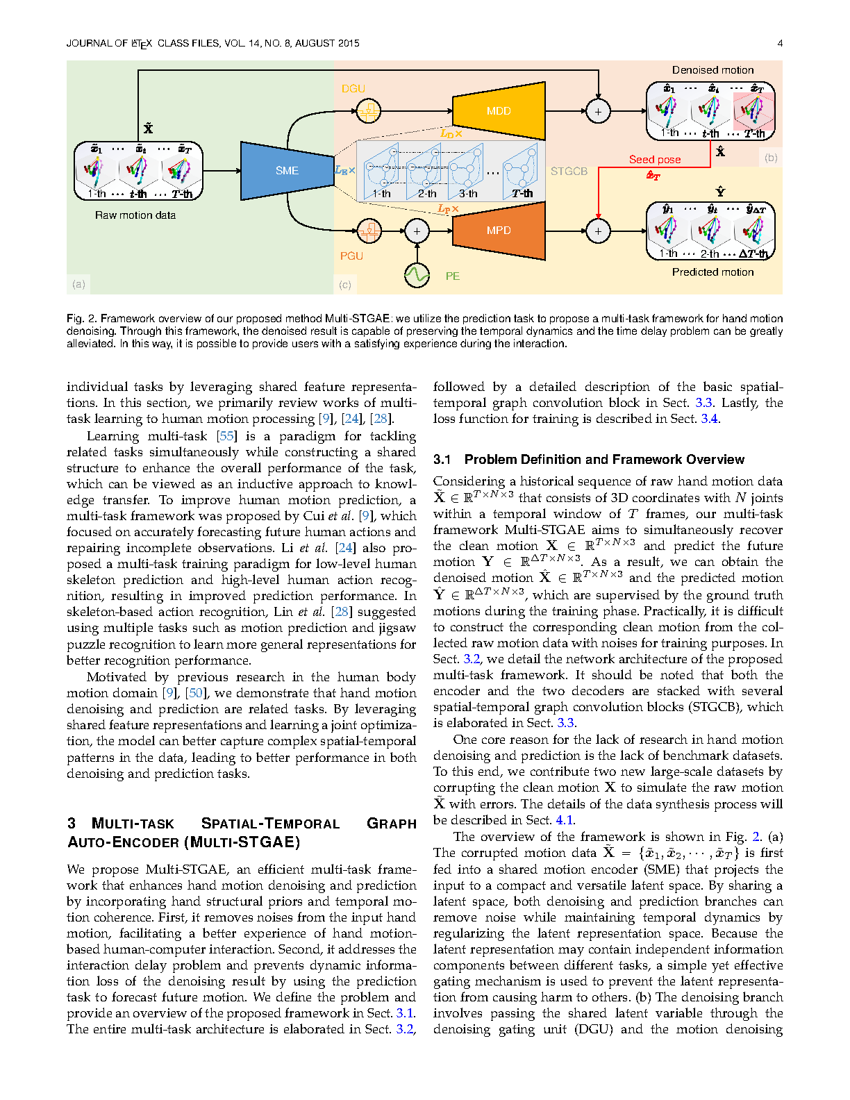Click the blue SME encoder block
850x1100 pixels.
pyautogui.click(x=287, y=170)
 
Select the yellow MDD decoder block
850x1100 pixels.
pyautogui.click(x=499, y=111)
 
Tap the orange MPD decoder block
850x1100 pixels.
pyautogui.click(x=499, y=231)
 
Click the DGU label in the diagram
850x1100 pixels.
pyautogui.click(x=353, y=89)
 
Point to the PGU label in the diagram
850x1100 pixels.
pyautogui.click(x=351, y=256)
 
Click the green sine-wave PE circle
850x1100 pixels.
pyautogui.click(x=417, y=276)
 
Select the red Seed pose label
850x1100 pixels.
pyautogui.click(x=655, y=160)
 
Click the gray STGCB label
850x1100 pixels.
pyautogui.click(x=569, y=172)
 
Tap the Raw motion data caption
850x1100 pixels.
pyautogui.click(x=135, y=215)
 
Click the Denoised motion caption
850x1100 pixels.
pyautogui.click(x=712, y=70)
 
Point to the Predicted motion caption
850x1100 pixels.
pyautogui.click(x=712, y=272)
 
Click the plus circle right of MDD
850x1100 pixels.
pyautogui.click(x=598, y=111)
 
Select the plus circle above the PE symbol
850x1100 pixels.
pyautogui.click(x=417, y=231)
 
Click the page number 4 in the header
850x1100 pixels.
pyautogui.click(x=780, y=43)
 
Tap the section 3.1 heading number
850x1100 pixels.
pyautogui.click(x=442, y=460)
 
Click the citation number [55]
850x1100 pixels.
pyautogui.click(x=226, y=436)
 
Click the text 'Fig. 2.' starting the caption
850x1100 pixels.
pyautogui.click(x=81, y=319)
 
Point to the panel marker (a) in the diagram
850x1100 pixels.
pyautogui.click(x=78, y=284)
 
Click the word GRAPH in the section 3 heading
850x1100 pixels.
pyautogui.click(x=392, y=824)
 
